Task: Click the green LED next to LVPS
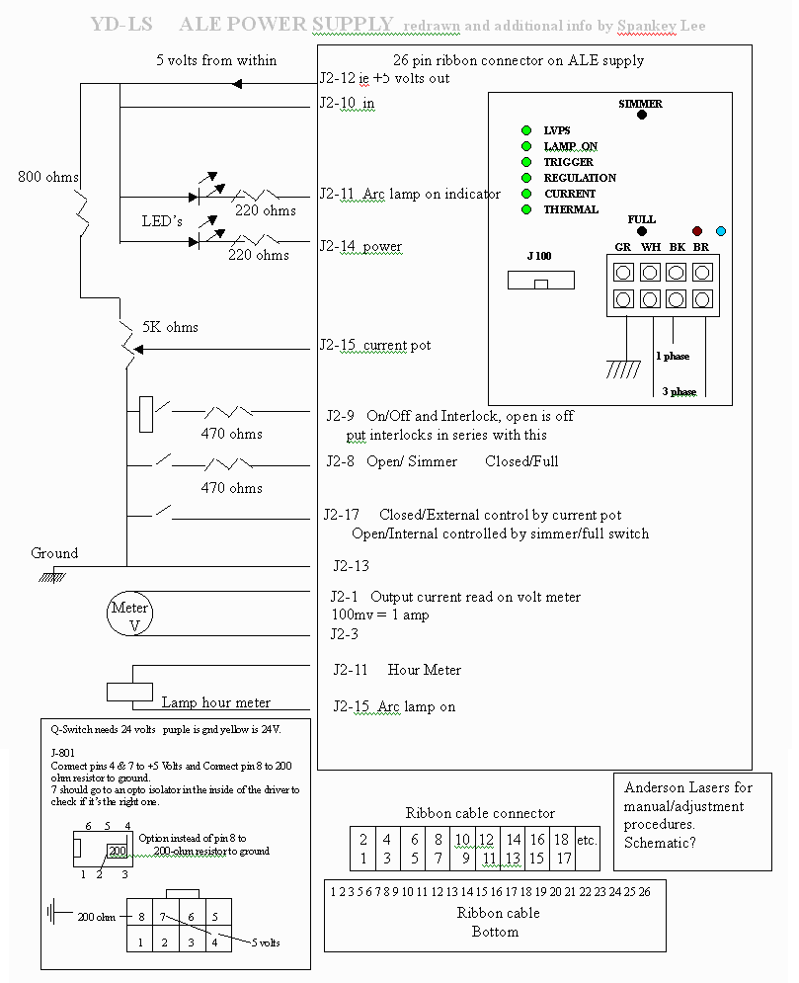pos(527,130)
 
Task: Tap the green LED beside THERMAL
pos(527,209)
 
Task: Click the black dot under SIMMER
pos(642,116)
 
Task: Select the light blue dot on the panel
pos(720,231)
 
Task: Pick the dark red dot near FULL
pos(696,231)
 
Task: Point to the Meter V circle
pos(129,614)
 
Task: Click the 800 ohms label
pos(48,178)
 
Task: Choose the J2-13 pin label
pos(351,566)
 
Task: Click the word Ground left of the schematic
pos(54,553)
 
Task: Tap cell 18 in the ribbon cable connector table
pos(561,840)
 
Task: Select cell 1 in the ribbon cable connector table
pos(362,859)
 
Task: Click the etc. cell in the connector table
pos(587,841)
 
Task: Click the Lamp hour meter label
pos(216,702)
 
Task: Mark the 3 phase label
pos(679,392)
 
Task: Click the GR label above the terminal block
pos(623,247)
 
